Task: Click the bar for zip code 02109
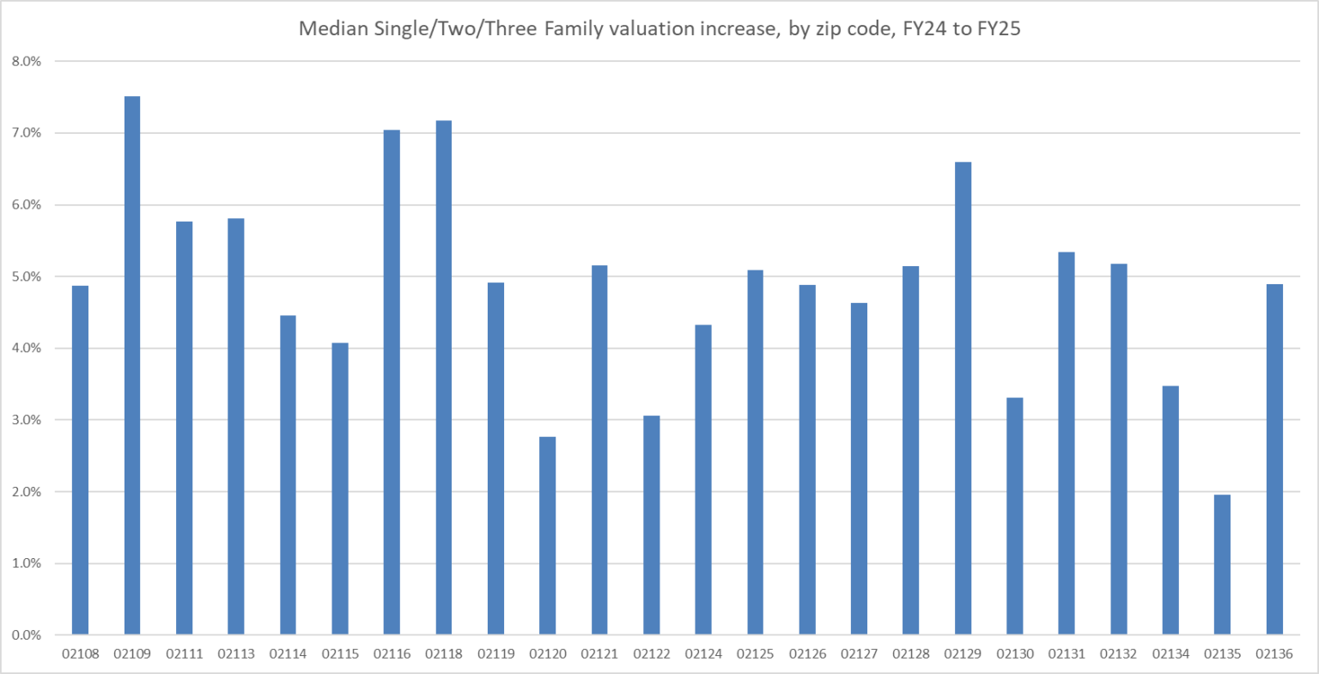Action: point(132,366)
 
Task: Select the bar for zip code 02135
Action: point(1222,565)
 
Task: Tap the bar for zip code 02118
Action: point(443,378)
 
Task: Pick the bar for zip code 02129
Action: point(963,398)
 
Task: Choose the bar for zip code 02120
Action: point(547,536)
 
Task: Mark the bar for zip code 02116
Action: point(392,382)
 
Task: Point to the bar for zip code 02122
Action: point(651,525)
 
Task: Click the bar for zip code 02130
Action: point(1014,516)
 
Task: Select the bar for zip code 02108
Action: point(80,460)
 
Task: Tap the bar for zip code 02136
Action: point(1274,459)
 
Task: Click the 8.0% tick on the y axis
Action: point(26,62)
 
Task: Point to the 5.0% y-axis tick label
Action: point(26,276)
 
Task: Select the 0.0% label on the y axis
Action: point(26,635)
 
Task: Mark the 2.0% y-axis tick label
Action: point(26,492)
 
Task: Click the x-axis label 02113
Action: point(235,654)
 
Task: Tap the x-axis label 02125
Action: point(755,654)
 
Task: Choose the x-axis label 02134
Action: point(1170,654)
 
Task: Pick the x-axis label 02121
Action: point(599,654)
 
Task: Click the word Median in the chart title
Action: point(329,28)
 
